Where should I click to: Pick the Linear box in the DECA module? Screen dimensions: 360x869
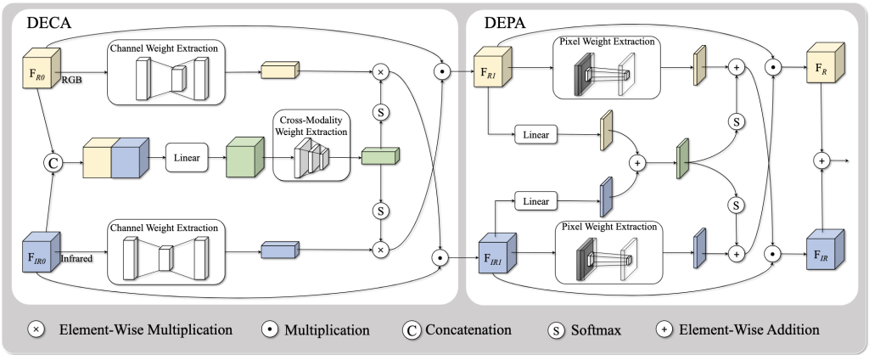[x=187, y=159]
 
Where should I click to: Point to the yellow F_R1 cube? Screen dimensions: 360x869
[x=492, y=74]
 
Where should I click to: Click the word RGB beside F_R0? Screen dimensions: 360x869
[x=70, y=84]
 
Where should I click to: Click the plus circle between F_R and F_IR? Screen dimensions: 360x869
[x=821, y=160]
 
